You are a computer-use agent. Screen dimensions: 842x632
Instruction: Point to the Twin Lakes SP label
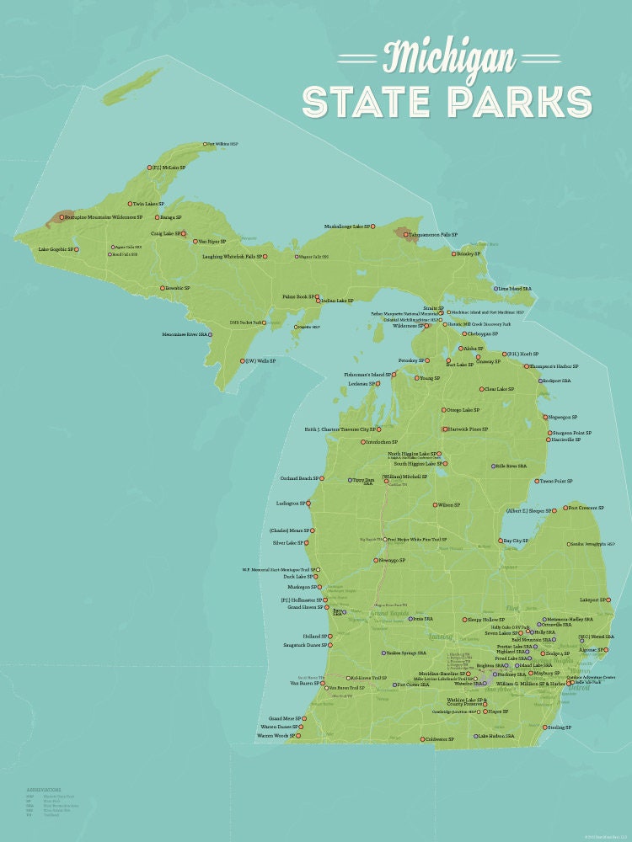point(148,204)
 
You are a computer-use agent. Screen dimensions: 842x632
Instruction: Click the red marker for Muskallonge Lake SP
point(373,226)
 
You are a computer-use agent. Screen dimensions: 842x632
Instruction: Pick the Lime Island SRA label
point(515,289)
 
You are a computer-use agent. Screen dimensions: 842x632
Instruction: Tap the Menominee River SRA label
point(185,334)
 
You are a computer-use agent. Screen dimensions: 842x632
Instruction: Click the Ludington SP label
point(290,504)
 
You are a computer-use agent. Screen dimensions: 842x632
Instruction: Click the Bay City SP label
point(516,541)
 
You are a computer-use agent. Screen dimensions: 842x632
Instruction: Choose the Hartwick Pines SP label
point(469,429)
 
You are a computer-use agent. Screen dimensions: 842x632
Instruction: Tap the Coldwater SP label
point(440,739)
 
